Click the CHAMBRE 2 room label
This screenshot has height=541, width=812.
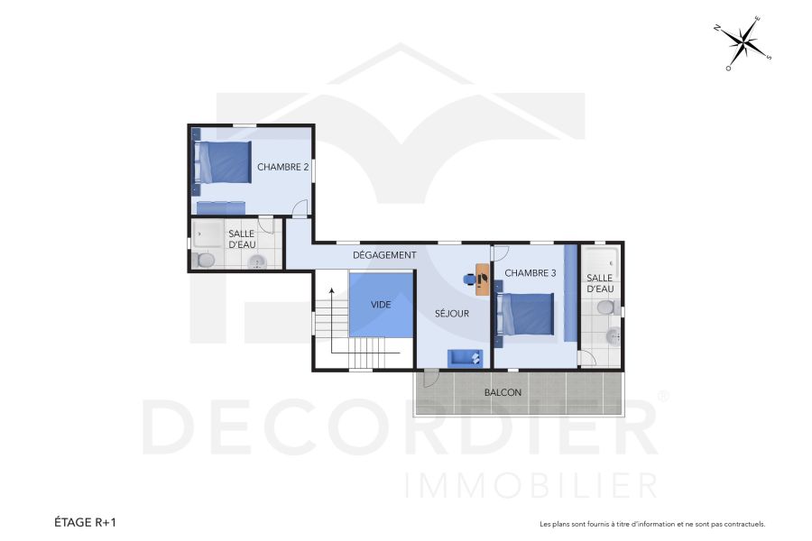pos(282,167)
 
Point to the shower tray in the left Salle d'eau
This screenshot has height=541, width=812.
pos(208,234)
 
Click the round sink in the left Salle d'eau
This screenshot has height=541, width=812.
pos(258,262)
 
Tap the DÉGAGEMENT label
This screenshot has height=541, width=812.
pos(384,255)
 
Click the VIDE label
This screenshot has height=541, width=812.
pos(382,305)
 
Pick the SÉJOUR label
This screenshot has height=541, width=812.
pos(452,314)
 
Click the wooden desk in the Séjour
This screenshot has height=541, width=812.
pos(483,280)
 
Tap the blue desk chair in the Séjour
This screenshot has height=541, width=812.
pos(469,279)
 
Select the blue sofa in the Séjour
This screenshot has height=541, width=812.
pos(465,358)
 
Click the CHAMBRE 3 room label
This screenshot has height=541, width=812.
pos(531,273)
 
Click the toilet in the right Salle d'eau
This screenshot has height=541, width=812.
pos(605,308)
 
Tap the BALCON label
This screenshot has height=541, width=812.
pos(503,392)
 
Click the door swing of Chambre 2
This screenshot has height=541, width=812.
pos(300,207)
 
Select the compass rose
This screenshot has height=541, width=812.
pos(744,41)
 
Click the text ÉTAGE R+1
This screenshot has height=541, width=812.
pos(86,522)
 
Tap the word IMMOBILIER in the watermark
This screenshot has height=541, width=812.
pos(531,484)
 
